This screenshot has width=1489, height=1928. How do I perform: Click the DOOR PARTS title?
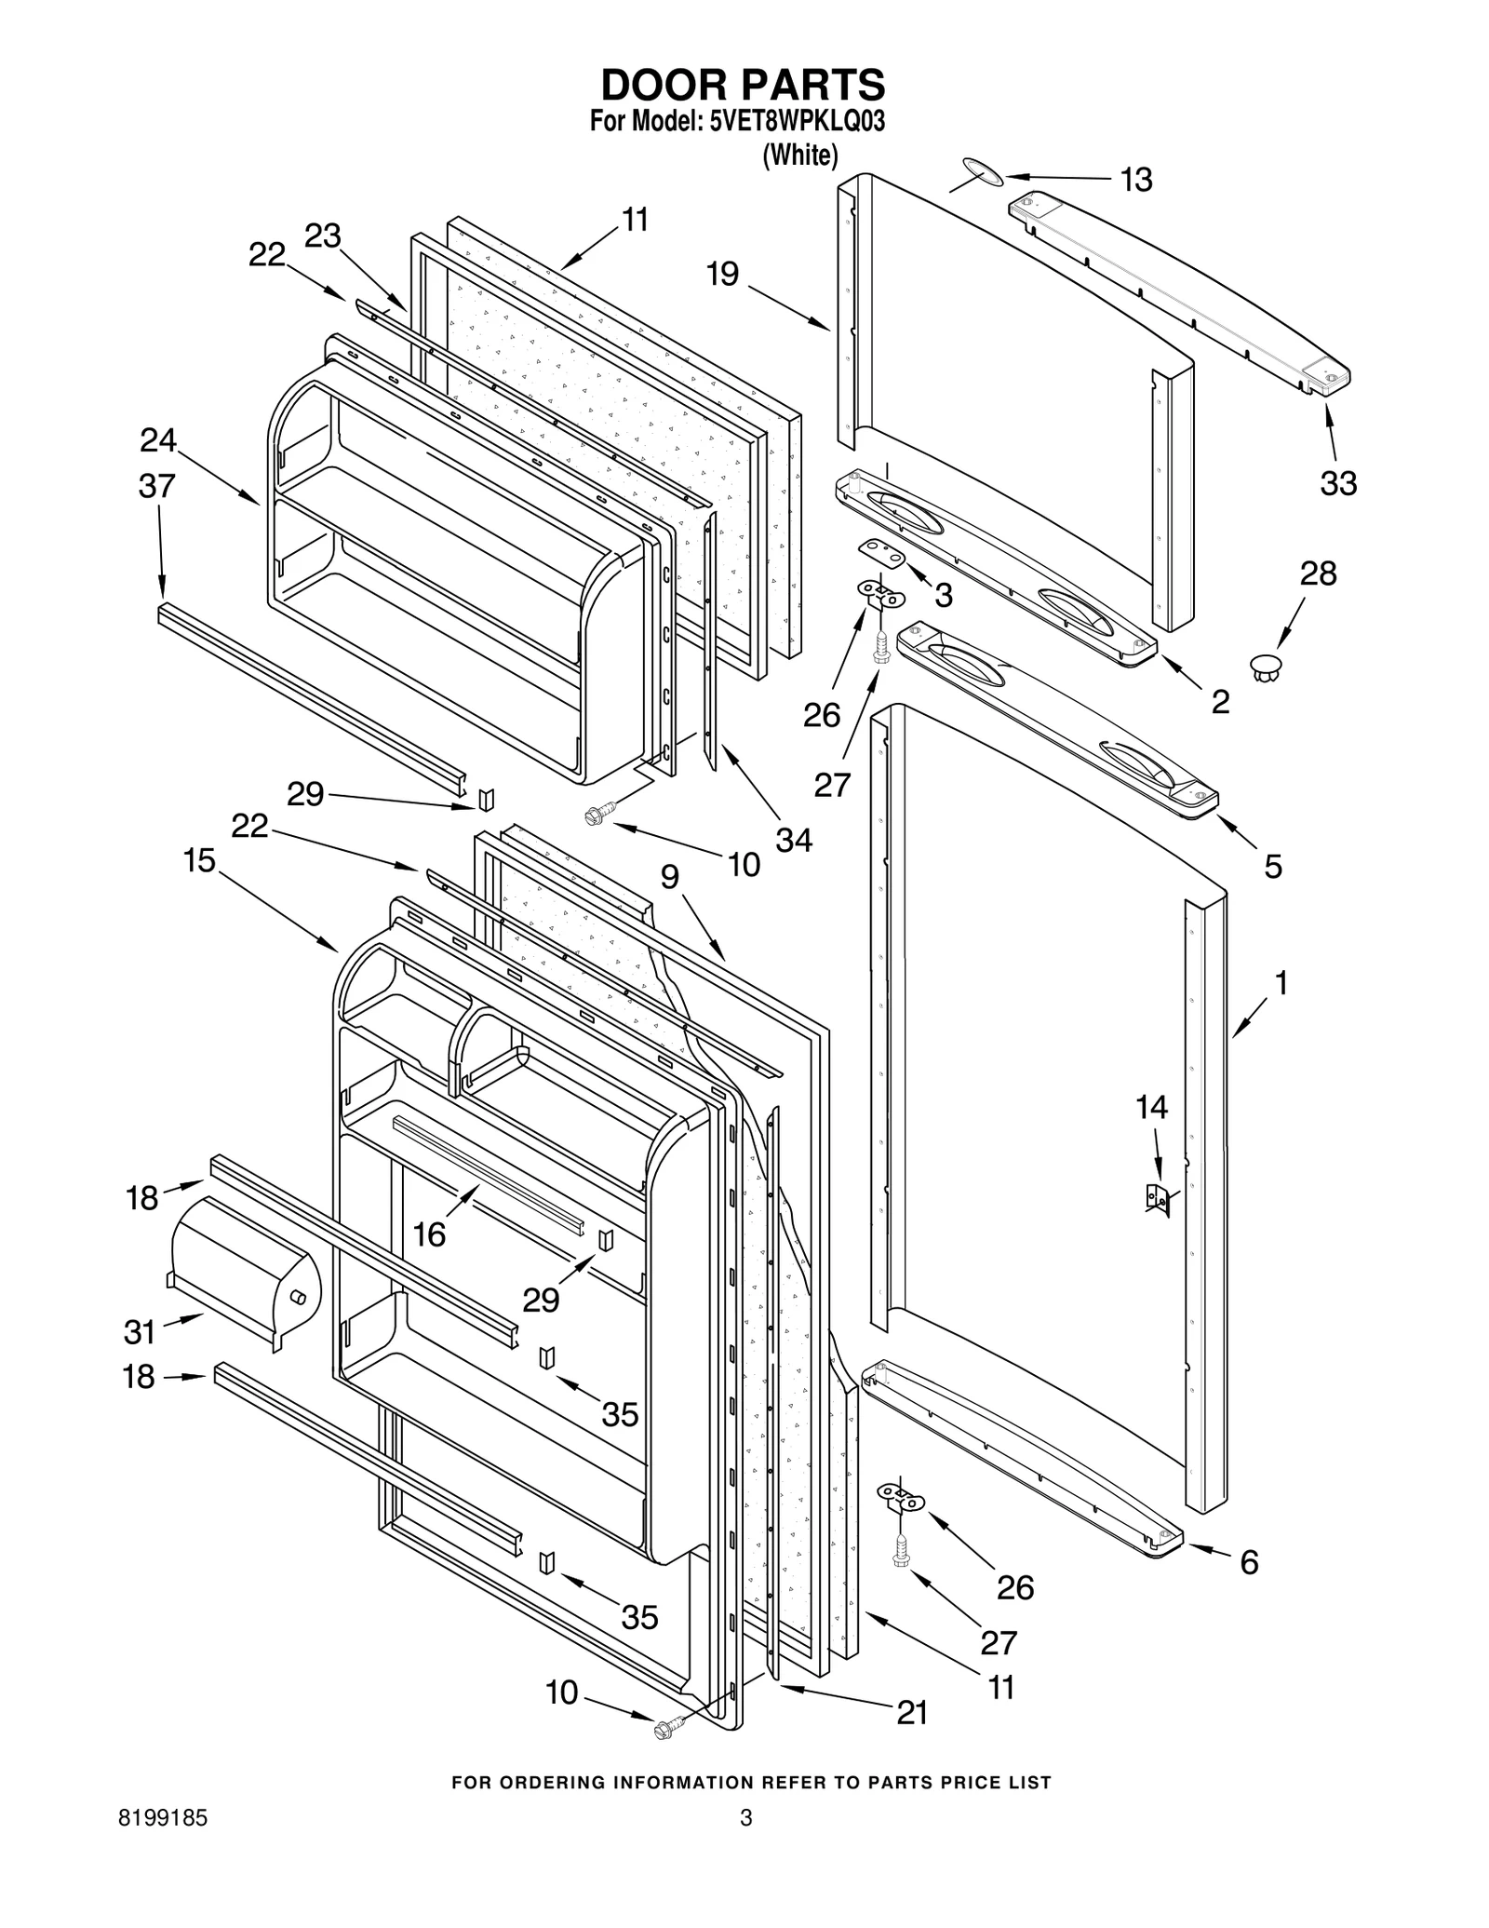[x=743, y=85]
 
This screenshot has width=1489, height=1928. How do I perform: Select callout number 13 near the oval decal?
[x=1135, y=180]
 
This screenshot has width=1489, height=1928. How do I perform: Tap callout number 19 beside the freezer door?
[x=722, y=274]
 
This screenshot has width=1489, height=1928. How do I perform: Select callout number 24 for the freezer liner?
[x=158, y=440]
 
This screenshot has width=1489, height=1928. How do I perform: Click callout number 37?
[x=156, y=486]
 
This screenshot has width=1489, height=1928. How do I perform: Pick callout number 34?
[x=794, y=840]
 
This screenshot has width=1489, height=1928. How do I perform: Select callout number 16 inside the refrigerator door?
[x=430, y=1234]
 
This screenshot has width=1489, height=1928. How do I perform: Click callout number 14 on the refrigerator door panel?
[x=1151, y=1107]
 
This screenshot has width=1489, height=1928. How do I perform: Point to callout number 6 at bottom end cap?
[x=1249, y=1562]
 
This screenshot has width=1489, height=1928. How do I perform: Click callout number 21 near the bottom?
[x=912, y=1713]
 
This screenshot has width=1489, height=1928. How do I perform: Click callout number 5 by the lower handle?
[x=1273, y=867]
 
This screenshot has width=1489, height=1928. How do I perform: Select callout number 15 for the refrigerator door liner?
[x=199, y=861]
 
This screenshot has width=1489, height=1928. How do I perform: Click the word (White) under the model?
[x=799, y=155]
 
